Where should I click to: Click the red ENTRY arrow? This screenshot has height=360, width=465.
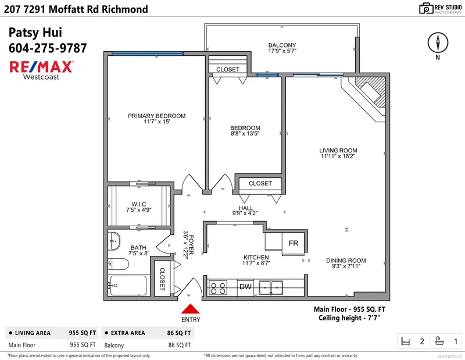click(x=191, y=311)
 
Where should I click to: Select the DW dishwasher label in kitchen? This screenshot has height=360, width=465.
click(x=245, y=286)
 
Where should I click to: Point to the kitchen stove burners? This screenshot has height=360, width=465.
click(x=219, y=287)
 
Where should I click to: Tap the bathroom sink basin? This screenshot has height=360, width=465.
click(x=115, y=240)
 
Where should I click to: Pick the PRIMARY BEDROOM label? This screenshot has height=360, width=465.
click(x=157, y=116)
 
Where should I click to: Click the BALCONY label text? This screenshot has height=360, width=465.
click(x=282, y=45)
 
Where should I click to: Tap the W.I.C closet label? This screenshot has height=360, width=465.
click(x=139, y=204)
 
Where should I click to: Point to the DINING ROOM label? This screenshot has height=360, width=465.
click(x=345, y=261)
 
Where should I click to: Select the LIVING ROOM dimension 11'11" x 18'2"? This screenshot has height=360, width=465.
click(x=338, y=156)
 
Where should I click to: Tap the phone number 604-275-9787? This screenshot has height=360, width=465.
click(x=48, y=48)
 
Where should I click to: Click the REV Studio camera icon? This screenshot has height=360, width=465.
click(x=427, y=9)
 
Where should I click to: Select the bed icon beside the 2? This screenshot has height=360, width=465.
click(x=406, y=341)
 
